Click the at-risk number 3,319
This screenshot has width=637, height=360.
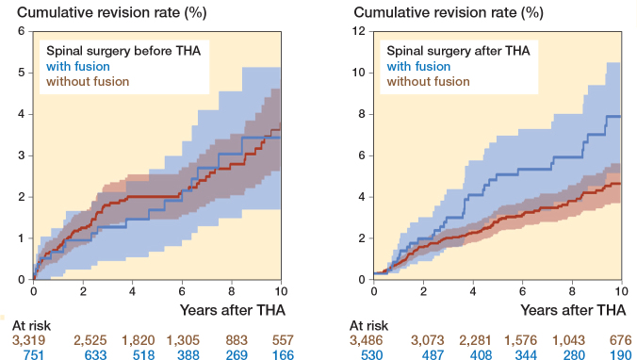(x=28, y=339)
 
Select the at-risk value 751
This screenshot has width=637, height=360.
(x=33, y=354)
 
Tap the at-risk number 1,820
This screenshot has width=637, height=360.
(x=139, y=339)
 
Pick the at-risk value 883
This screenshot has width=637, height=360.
(x=237, y=339)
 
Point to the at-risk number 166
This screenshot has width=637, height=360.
(x=283, y=354)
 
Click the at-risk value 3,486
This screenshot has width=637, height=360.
(x=366, y=339)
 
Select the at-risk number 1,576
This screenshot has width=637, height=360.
(x=520, y=339)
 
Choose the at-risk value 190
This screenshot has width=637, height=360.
(x=621, y=354)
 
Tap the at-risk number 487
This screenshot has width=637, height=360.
(x=433, y=354)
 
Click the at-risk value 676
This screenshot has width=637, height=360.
(x=621, y=339)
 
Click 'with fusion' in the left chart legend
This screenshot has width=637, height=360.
(x=78, y=66)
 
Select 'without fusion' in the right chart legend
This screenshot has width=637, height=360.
(x=428, y=81)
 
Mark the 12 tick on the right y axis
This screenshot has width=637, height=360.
(x=359, y=31)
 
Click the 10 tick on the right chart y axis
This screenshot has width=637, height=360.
(x=359, y=73)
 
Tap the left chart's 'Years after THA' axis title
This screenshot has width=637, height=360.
(x=233, y=310)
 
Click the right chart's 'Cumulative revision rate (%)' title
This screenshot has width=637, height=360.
(x=449, y=12)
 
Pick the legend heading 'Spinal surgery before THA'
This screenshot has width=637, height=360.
(x=123, y=51)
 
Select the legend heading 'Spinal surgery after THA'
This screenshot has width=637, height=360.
(x=458, y=51)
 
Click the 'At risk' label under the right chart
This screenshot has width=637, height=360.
(x=368, y=325)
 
